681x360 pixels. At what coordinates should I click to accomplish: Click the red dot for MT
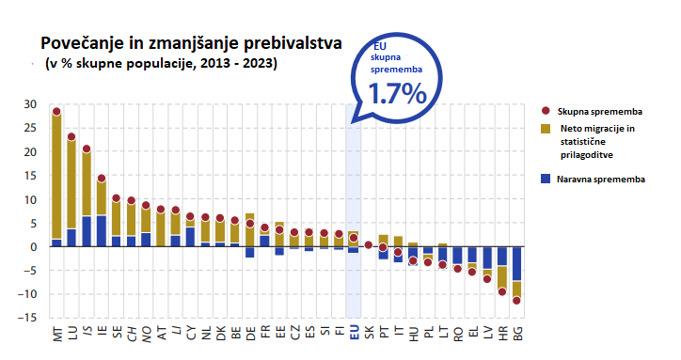(56, 112)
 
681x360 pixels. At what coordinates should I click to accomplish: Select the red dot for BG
(516, 301)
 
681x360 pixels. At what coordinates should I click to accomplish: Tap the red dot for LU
(71, 137)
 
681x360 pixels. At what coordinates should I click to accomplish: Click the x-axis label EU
(354, 332)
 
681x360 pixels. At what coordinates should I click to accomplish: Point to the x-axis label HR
(501, 332)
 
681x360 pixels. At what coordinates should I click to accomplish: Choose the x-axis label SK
(368, 332)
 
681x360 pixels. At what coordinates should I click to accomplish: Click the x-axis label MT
(56, 332)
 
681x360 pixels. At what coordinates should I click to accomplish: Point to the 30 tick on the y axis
(30, 104)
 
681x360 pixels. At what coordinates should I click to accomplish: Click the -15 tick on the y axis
(28, 318)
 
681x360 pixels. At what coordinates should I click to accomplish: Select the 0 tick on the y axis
(34, 246)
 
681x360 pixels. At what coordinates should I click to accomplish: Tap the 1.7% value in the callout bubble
(397, 94)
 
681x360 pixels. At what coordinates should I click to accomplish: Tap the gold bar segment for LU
(71, 183)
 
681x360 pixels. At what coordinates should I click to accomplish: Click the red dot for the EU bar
(354, 238)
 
